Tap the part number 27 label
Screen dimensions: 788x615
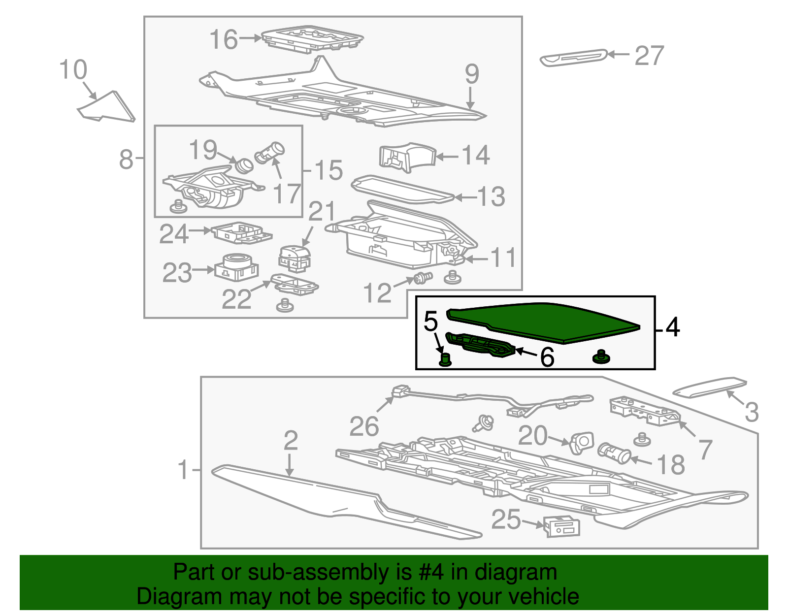(649, 56)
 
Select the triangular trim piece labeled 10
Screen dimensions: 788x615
(106, 106)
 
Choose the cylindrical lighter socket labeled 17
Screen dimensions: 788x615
(269, 153)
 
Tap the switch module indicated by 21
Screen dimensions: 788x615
(295, 259)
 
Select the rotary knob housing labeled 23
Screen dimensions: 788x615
(236, 267)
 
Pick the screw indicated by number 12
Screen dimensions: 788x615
(423, 278)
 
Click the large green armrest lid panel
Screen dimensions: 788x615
(543, 323)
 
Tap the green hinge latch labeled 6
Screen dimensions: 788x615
(481, 345)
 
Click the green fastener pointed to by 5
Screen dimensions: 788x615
(445, 360)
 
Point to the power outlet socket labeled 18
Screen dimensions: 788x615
(614, 453)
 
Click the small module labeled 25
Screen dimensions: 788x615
(562, 526)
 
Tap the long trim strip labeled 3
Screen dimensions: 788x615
(709, 387)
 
